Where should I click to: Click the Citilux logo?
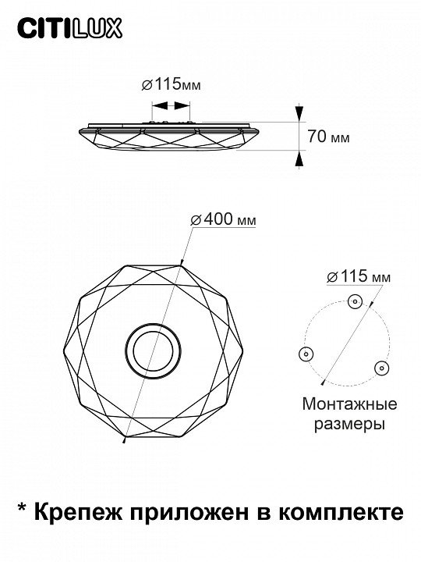(70, 29)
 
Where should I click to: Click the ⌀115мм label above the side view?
(171, 85)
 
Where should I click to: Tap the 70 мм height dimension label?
(328, 137)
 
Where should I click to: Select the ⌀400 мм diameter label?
(224, 219)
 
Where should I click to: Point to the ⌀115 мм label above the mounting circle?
(359, 276)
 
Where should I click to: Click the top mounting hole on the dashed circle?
(355, 301)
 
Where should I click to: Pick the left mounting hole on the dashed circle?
(306, 354)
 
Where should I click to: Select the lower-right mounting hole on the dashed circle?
(382, 368)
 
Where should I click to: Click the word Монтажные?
(350, 404)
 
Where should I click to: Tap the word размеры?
(350, 425)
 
